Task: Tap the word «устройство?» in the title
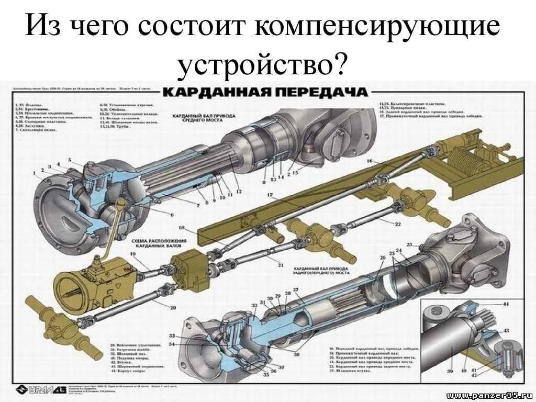pyautogui.click(x=263, y=65)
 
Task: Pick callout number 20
pyautogui.click(x=173, y=307)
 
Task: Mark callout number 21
pyautogui.click(x=281, y=265)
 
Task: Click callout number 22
pyautogui.click(x=397, y=224)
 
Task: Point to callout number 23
pyautogui.click(x=409, y=244)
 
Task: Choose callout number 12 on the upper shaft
pyautogui.click(x=239, y=191)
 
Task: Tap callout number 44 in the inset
pyautogui.click(x=506, y=304)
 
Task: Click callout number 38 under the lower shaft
pyautogui.click(x=297, y=355)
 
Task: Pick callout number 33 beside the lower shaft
pyautogui.click(x=172, y=335)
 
